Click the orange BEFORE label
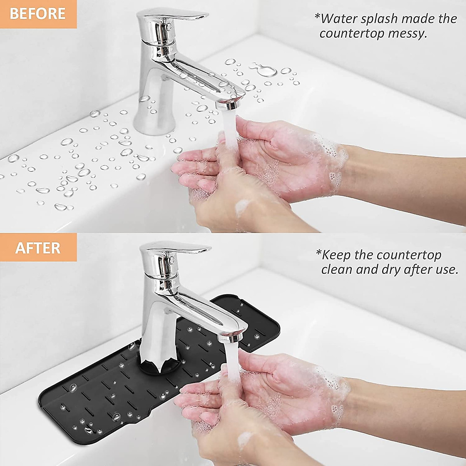coord(38,14)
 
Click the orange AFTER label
coord(38,248)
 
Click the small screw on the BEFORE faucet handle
coord(168,26)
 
